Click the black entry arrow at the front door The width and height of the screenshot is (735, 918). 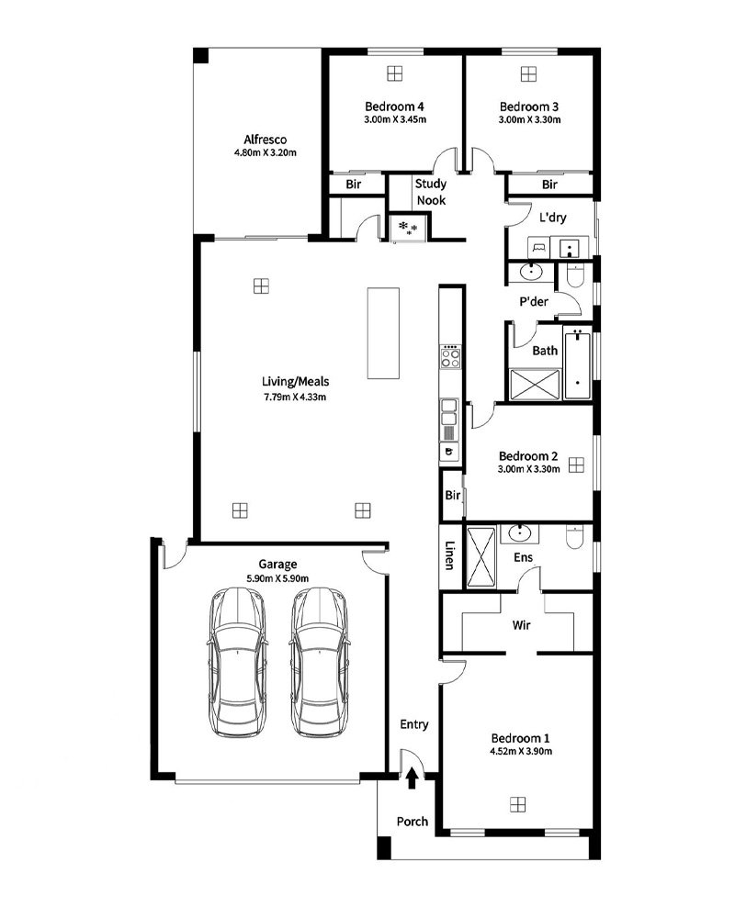click(412, 778)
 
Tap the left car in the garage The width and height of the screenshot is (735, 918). click(238, 662)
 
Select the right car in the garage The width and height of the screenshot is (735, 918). click(320, 662)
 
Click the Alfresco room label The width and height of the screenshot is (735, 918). click(265, 140)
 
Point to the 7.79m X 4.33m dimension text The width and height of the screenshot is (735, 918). click(295, 397)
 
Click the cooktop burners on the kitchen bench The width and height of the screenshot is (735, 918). click(450, 356)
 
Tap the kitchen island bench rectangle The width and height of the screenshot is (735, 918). click(383, 332)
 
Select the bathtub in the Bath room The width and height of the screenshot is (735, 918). click(577, 364)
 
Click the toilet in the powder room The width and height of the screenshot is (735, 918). click(575, 275)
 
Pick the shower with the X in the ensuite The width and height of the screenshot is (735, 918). click(481, 557)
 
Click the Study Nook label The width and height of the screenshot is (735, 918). click(431, 192)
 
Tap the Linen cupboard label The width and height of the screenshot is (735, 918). click(449, 554)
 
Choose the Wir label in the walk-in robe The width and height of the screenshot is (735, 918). click(521, 624)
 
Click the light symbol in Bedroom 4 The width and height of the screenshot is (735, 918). click(395, 73)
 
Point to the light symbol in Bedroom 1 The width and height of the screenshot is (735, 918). click(517, 804)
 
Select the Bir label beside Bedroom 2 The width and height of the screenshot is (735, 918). click(453, 496)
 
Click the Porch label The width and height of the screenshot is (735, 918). click(412, 822)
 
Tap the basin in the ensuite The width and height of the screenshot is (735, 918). click(520, 533)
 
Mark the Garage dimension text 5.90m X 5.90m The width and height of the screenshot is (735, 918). click(277, 578)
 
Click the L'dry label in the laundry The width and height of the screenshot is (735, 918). click(553, 218)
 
